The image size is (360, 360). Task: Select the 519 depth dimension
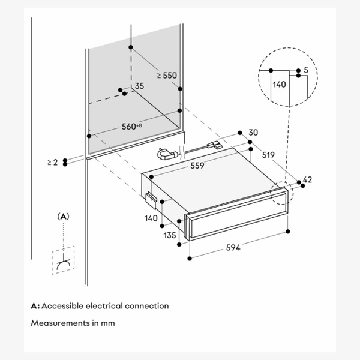(269, 155)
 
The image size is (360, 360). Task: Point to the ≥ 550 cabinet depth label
(167, 76)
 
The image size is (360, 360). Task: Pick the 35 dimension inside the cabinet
(139, 86)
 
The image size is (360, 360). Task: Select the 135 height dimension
(170, 235)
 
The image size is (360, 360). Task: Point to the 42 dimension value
(308, 179)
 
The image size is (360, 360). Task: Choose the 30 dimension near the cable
(253, 132)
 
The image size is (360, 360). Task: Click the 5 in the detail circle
(306, 70)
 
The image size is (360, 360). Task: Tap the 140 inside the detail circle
(279, 85)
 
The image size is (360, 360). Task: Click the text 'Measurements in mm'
(73, 323)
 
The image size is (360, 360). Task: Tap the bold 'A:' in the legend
(35, 306)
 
